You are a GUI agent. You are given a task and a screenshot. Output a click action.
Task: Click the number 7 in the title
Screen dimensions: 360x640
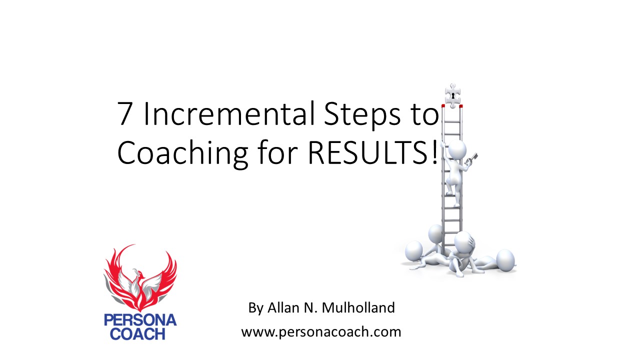(125, 114)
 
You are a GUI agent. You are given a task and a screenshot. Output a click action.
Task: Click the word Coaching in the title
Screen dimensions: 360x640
(181, 153)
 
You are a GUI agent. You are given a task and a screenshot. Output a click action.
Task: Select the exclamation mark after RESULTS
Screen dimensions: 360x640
(433, 152)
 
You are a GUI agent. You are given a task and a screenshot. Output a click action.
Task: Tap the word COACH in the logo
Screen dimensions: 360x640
(140, 334)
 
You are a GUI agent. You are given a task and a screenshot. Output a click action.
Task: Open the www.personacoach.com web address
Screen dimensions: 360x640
(321, 331)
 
